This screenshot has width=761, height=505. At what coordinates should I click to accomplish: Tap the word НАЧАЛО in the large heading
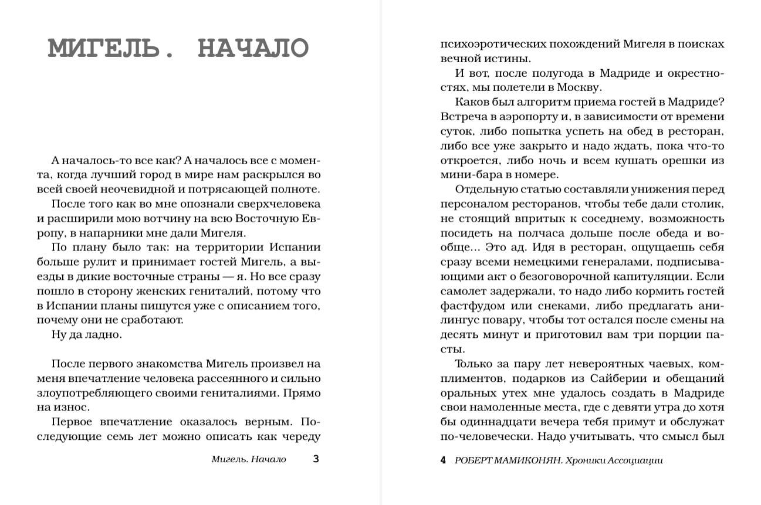(x=253, y=49)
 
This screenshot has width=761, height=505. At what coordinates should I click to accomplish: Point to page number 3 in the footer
(x=316, y=459)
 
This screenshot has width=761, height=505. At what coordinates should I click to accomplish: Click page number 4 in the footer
(x=443, y=460)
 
